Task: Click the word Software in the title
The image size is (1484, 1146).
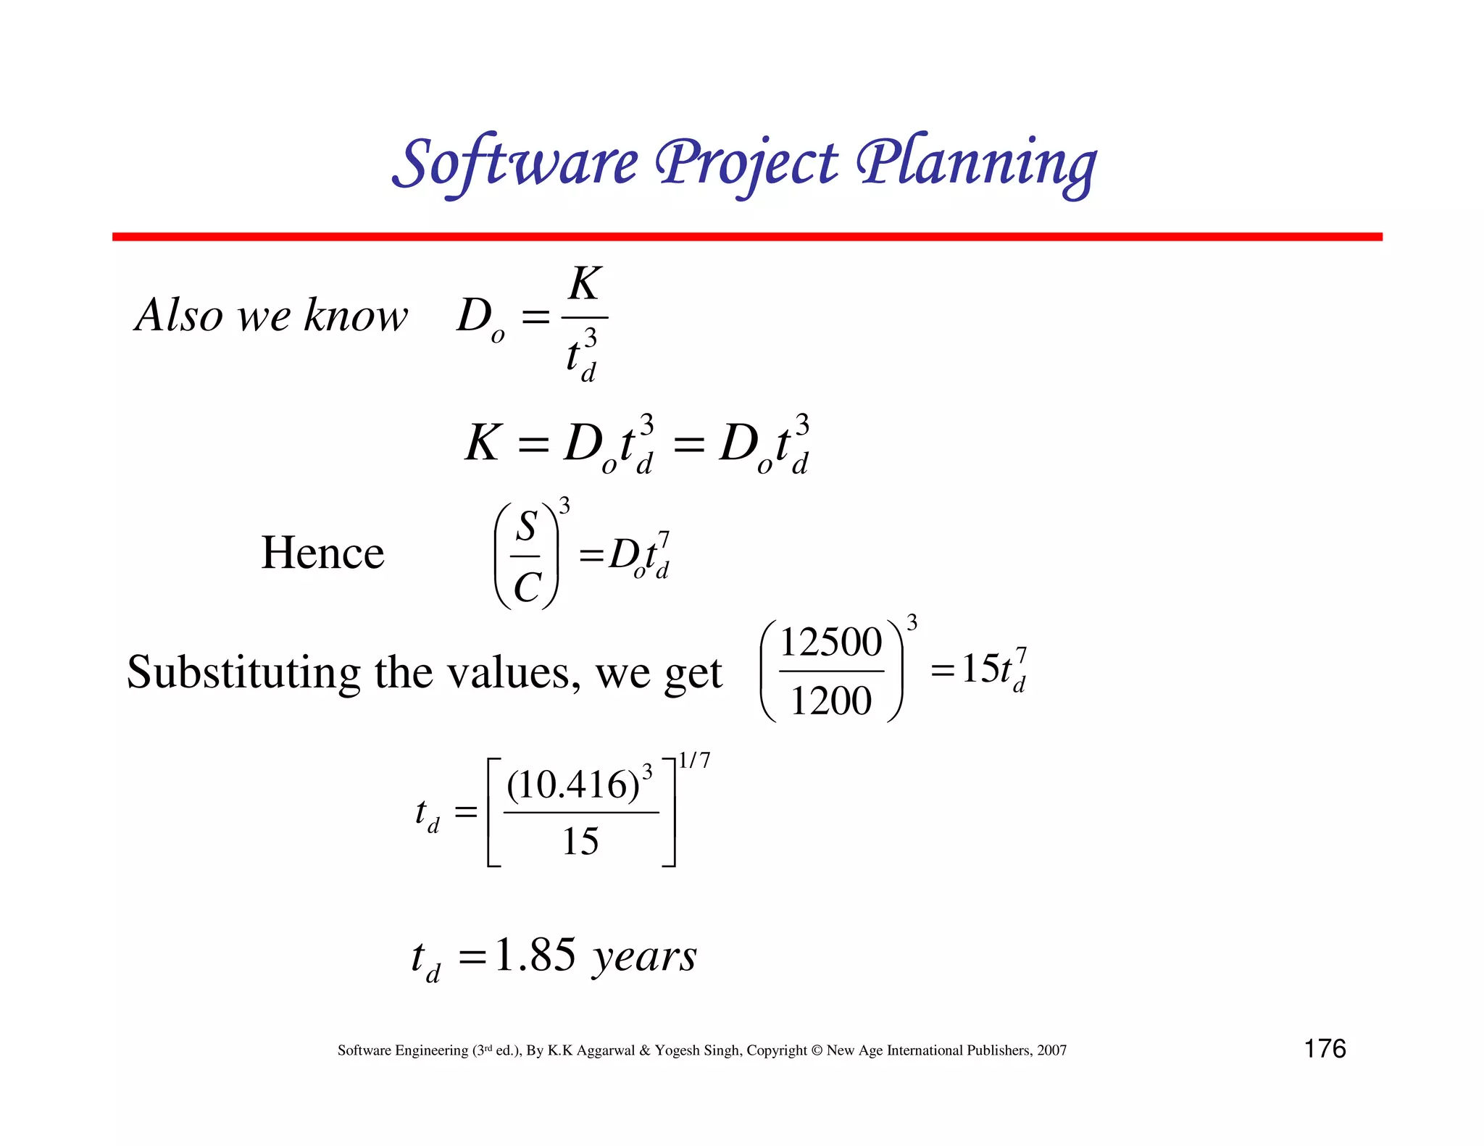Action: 515,164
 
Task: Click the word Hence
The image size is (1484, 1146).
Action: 322,553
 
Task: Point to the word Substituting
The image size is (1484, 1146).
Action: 243,673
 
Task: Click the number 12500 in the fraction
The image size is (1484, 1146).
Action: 830,643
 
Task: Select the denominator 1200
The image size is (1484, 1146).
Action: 830,701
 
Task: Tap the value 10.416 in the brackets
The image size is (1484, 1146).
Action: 572,785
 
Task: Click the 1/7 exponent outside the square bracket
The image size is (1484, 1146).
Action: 694,761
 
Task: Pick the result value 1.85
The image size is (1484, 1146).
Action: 535,955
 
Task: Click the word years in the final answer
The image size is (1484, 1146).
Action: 644,957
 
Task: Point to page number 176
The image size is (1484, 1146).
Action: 1325,1049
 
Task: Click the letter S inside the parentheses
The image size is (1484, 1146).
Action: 527,526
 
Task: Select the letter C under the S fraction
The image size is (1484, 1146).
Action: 527,587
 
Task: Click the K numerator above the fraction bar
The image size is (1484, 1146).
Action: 585,283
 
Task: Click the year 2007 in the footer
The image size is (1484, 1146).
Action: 1051,1050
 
